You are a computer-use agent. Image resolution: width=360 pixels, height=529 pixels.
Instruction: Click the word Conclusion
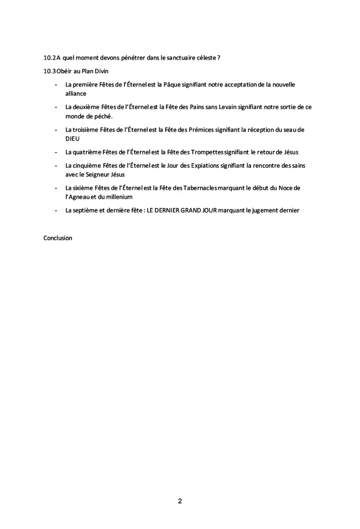[58, 238]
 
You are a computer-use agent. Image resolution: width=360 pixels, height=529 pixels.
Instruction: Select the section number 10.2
[49, 58]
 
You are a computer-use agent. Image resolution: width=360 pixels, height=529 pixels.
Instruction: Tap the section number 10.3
[49, 70]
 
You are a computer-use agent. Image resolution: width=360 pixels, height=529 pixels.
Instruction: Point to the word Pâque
[173, 84]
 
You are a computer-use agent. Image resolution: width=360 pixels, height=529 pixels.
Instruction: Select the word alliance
[76, 94]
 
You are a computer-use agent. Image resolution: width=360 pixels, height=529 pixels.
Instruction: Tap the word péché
[100, 116]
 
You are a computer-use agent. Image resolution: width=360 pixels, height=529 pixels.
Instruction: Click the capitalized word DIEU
[73, 138]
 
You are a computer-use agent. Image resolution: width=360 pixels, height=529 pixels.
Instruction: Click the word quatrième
[85, 152]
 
